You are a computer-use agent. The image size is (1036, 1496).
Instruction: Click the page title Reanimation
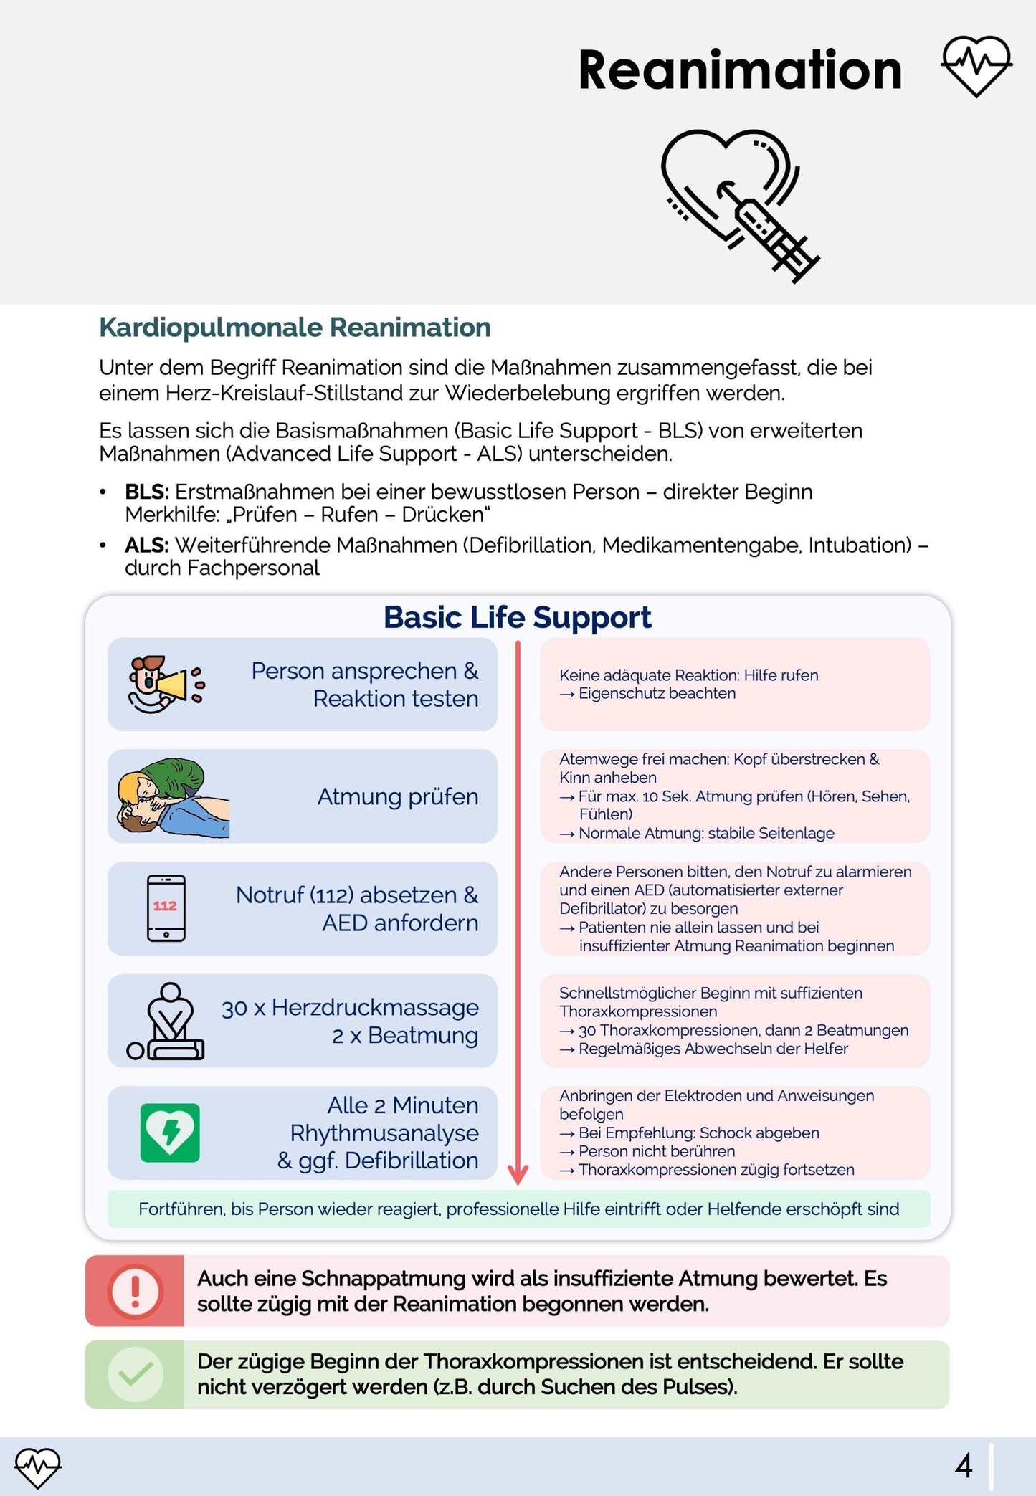tap(739, 70)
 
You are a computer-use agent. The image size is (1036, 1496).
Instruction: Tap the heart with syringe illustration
tap(738, 205)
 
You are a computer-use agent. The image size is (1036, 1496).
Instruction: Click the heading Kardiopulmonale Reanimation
tap(295, 328)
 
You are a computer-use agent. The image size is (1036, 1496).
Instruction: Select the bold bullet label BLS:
tap(146, 492)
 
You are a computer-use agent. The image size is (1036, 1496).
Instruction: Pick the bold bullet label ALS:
tap(146, 545)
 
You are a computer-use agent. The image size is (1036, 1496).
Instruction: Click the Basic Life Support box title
tap(517, 617)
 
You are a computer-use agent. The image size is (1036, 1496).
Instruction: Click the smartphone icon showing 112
tap(166, 908)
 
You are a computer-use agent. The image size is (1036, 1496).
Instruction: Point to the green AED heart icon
tap(170, 1133)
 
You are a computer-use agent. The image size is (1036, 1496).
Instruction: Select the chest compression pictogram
tap(166, 1021)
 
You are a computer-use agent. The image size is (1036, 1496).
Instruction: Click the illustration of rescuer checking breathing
tap(172, 797)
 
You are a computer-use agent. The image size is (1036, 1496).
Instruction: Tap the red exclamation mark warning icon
tap(135, 1290)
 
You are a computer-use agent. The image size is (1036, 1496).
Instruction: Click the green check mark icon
tap(135, 1374)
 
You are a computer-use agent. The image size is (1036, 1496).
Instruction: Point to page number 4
tap(964, 1466)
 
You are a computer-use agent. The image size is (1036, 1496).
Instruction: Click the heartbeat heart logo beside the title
tap(976, 66)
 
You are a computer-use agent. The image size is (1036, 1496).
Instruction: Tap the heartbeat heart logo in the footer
tap(38, 1467)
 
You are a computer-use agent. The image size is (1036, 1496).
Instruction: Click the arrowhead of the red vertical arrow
tap(518, 1174)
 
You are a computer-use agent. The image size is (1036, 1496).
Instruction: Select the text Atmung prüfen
tap(398, 796)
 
